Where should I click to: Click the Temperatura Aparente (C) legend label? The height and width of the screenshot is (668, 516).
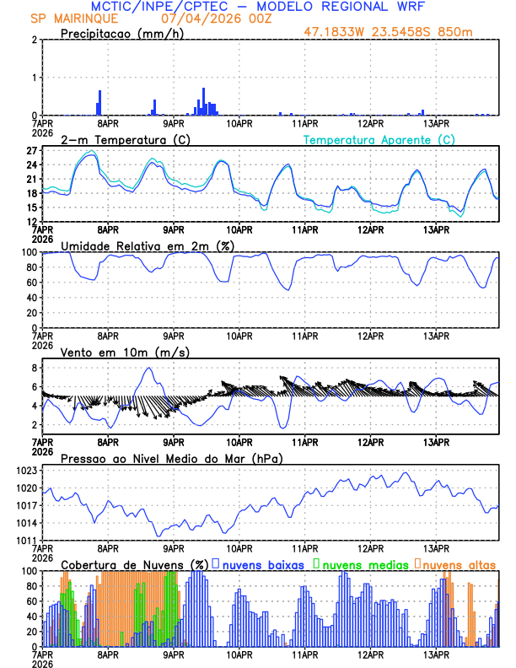coord(379,139)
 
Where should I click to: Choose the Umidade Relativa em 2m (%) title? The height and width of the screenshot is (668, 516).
coord(148,245)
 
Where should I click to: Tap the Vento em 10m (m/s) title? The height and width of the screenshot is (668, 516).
coord(112,352)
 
